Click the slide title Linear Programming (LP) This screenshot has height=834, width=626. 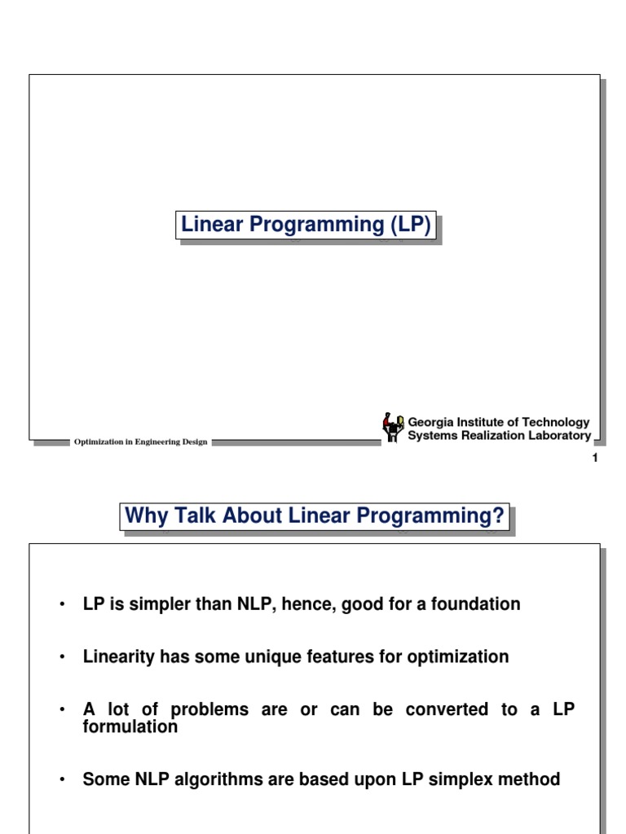306,225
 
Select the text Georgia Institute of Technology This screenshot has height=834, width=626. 498,422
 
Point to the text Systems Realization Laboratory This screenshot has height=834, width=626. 499,436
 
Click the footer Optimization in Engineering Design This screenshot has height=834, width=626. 141,442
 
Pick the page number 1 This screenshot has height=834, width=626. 595,459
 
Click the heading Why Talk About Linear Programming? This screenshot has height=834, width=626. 315,516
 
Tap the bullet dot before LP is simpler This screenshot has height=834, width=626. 62,605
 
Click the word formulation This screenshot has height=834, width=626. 130,726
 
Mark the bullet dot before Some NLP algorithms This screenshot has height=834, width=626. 62,780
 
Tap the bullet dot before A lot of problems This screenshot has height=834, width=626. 62,710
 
